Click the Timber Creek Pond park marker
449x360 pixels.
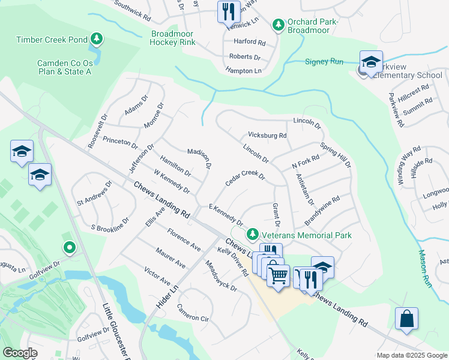[x=96, y=40]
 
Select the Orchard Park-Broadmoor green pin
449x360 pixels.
[x=278, y=25]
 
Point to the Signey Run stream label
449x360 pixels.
[x=324, y=62]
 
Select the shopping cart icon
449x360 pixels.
[x=278, y=276]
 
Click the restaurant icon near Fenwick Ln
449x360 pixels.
[x=228, y=11]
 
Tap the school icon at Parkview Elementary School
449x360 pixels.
[x=371, y=62]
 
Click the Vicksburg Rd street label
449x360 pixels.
[x=267, y=136]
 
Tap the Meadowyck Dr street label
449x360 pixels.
[x=220, y=277]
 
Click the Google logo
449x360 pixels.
[x=20, y=352]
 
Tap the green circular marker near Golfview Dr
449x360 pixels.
[x=70, y=247]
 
